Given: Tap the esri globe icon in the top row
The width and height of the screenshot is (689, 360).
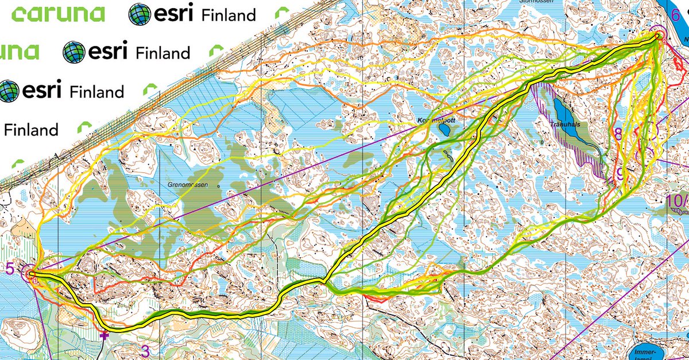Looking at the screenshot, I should click(139, 14).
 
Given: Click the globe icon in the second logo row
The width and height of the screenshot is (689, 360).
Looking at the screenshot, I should click(73, 52).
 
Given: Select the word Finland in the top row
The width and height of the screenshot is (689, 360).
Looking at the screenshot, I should click(229, 14).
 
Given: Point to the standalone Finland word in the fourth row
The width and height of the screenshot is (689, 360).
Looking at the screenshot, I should click(31, 130).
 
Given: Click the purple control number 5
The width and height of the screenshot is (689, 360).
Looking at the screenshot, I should click(9, 268).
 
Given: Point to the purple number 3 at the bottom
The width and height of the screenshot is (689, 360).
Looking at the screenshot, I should click(145, 350).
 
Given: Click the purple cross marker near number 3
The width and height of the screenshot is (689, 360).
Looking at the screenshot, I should click(104, 335).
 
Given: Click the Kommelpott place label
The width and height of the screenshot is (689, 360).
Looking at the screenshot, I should click(435, 122).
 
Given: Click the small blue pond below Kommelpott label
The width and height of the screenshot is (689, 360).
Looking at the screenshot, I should click(443, 130).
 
